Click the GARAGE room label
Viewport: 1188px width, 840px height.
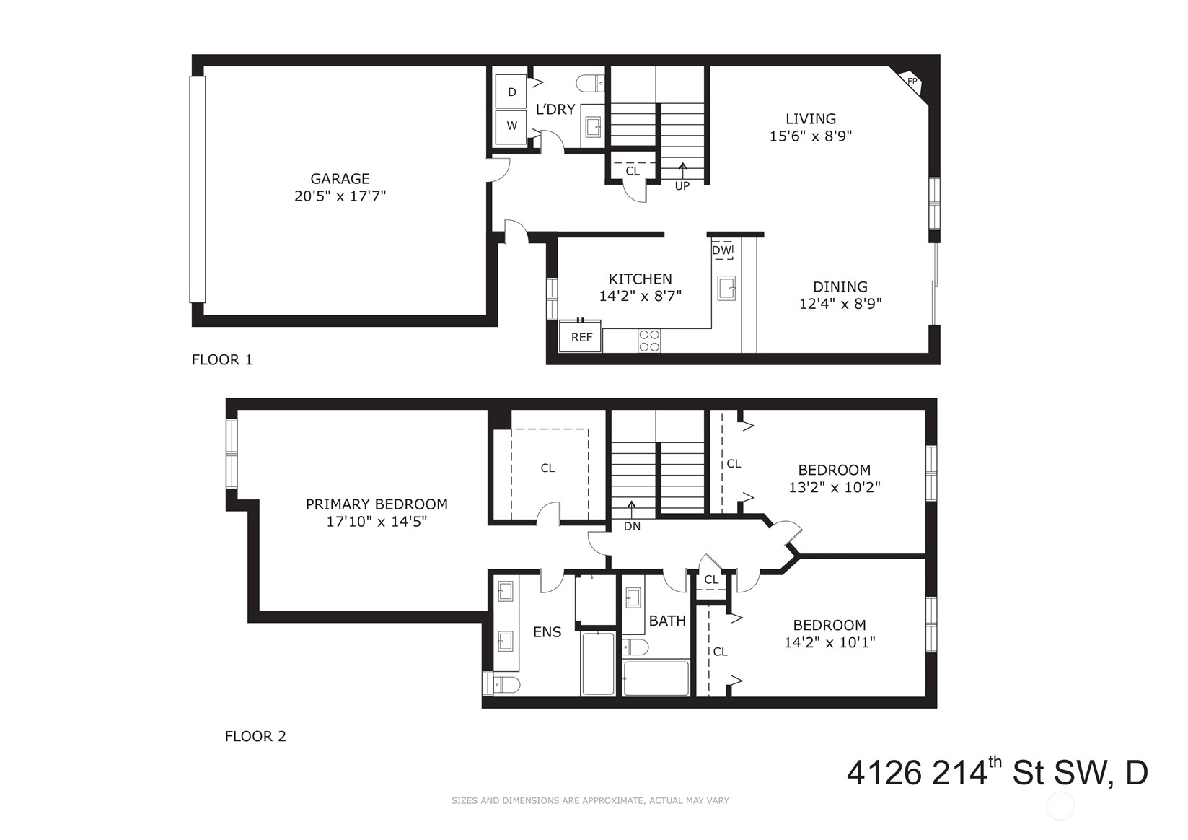coord(340,178)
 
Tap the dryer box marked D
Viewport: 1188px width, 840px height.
coord(511,92)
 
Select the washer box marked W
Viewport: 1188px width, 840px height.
coord(511,126)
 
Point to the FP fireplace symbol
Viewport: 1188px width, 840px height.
coord(912,82)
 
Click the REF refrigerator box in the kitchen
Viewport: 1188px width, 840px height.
coord(581,336)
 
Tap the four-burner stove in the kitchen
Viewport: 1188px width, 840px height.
coord(650,341)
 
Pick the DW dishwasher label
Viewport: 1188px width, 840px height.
coord(721,250)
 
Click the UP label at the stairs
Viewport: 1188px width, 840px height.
coord(682,186)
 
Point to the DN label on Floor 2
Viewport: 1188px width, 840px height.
coord(632,527)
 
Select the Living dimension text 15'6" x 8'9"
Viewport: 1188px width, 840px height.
coord(810,136)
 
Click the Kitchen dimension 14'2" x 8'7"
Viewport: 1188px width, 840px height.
coord(640,296)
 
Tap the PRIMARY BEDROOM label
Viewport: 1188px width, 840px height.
coord(377,504)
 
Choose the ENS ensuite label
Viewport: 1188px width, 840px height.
coord(547,632)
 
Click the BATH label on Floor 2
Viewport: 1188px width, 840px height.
coord(667,621)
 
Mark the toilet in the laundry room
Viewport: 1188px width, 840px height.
coord(590,83)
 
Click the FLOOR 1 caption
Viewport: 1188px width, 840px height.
coord(221,360)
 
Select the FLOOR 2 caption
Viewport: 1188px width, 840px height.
coord(255,737)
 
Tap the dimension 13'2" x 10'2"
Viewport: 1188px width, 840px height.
coord(835,487)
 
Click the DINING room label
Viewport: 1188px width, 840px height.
coord(840,286)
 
